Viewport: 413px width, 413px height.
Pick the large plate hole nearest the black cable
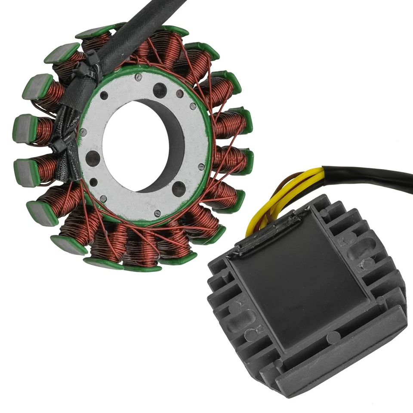pos(160,89)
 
